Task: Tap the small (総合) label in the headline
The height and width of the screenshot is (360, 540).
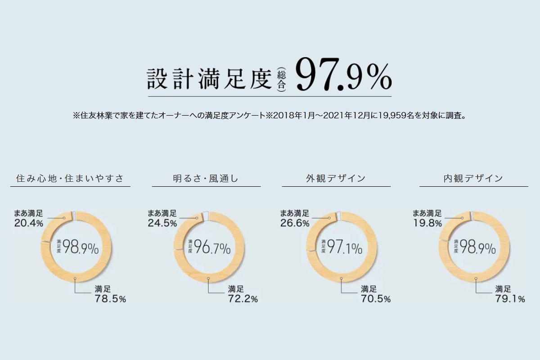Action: (282, 79)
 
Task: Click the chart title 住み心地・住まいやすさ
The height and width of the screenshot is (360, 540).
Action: (69, 179)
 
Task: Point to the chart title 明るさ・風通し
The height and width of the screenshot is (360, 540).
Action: (206, 179)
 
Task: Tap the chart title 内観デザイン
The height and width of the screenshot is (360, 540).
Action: (473, 179)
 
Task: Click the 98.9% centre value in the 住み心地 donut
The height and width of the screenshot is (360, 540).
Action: (81, 247)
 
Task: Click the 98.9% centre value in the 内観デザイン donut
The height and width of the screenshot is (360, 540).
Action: (478, 247)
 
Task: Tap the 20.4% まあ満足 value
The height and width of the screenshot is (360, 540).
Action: (29, 223)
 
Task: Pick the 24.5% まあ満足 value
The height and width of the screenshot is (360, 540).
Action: (162, 223)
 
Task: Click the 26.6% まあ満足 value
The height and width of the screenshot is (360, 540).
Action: (295, 223)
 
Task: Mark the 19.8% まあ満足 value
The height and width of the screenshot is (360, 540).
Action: (427, 223)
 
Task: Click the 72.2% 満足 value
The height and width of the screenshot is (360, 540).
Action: (243, 299)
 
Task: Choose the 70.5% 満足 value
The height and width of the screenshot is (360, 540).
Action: (375, 299)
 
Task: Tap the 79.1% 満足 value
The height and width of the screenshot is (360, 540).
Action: (510, 299)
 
